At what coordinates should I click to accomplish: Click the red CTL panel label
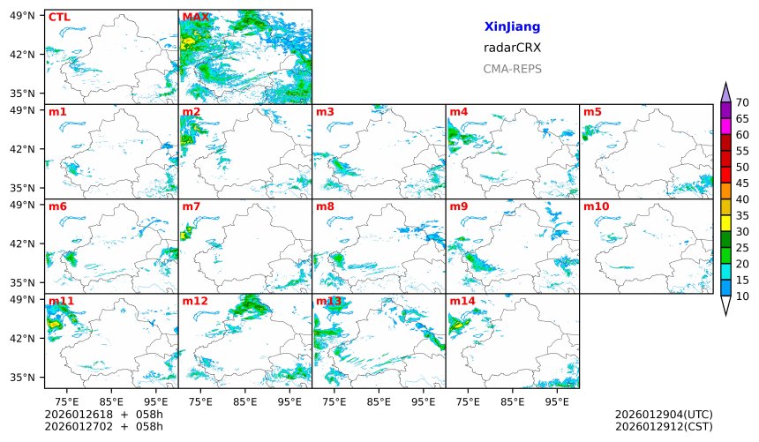(59, 17)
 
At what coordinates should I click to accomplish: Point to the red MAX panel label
(195, 17)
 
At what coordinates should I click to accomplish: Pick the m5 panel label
(592, 112)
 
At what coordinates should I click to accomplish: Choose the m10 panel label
(596, 206)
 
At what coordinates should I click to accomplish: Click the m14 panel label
(462, 301)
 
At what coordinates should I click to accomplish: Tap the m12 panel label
(195, 301)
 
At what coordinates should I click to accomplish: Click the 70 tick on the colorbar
(742, 103)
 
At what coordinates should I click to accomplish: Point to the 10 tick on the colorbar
(742, 296)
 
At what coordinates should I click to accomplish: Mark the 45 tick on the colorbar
(742, 184)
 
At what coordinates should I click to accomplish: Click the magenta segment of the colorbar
(725, 127)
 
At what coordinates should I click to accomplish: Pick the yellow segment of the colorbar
(725, 223)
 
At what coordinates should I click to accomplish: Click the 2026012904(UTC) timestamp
(664, 415)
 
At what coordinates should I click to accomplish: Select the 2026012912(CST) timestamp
(664, 427)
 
